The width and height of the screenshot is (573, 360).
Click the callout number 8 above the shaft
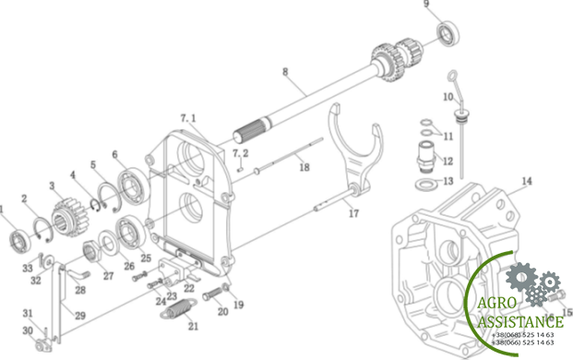tap(285, 71)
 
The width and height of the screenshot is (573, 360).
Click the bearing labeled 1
tap(18, 242)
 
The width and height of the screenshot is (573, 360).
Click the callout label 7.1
tap(189, 118)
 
